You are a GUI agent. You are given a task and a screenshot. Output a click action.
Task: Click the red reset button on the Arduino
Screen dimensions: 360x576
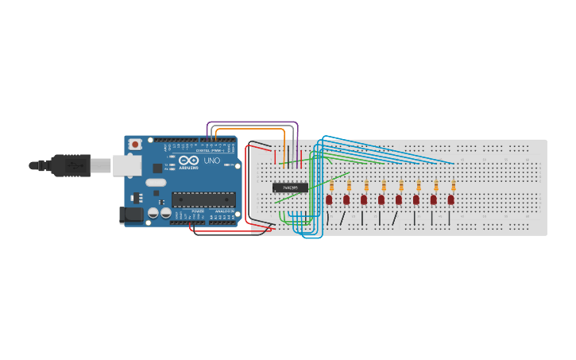pyautogui.click(x=135, y=145)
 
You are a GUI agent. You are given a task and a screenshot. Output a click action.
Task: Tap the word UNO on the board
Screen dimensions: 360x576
pyautogui.click(x=212, y=161)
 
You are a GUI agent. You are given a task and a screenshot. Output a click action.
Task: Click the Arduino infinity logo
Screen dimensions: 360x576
pyautogui.click(x=188, y=161)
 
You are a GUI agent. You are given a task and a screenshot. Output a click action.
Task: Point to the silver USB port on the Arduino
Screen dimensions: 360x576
pyautogui.click(x=126, y=165)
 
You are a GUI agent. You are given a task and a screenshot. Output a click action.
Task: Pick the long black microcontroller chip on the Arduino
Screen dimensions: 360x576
pyautogui.click(x=203, y=199)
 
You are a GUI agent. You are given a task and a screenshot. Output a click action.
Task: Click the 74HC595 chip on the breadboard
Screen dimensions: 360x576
pyautogui.click(x=290, y=188)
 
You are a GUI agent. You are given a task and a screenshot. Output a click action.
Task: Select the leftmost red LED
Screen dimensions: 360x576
pyautogui.click(x=329, y=199)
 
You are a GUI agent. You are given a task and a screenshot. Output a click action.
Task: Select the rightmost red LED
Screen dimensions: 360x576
pyautogui.click(x=451, y=199)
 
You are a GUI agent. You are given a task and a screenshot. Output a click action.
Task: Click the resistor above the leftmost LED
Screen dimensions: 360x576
pyautogui.click(x=331, y=186)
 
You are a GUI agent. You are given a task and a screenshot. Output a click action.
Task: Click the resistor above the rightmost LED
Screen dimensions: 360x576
pyautogui.click(x=454, y=186)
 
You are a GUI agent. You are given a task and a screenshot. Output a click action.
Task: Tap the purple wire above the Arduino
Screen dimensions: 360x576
pyautogui.click(x=253, y=122)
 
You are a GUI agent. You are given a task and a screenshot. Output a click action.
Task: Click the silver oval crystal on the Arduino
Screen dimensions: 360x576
pyautogui.click(x=155, y=182)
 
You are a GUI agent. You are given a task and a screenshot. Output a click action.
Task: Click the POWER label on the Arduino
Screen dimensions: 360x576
pyautogui.click(x=197, y=222)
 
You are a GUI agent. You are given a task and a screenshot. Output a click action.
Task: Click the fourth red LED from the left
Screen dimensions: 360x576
pyautogui.click(x=381, y=199)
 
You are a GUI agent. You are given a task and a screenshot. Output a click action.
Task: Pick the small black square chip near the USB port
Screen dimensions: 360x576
pyautogui.click(x=157, y=168)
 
